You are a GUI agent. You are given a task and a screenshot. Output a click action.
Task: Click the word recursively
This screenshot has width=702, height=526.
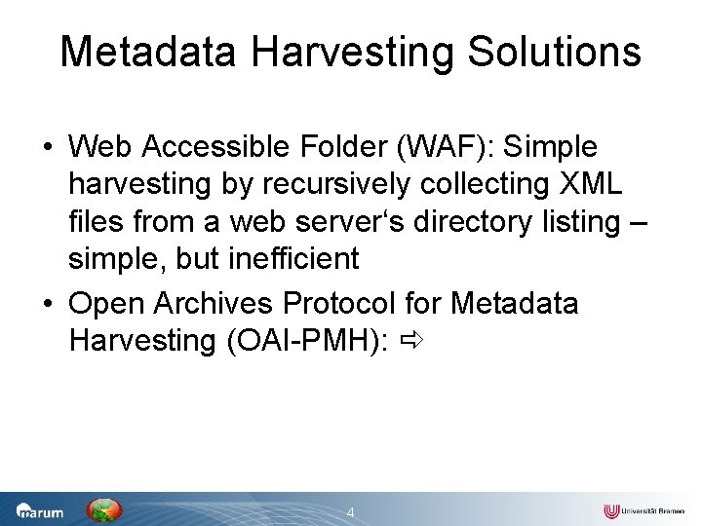pos(311,185)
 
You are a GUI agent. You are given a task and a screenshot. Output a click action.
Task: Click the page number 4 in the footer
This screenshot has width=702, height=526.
pos(351,512)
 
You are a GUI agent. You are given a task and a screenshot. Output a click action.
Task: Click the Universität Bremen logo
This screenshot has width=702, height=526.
pos(643,511)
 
